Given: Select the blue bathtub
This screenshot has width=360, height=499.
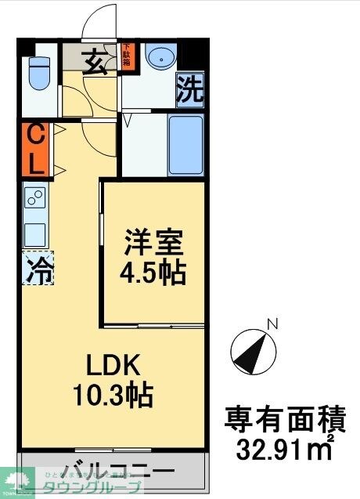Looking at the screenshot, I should [185, 144].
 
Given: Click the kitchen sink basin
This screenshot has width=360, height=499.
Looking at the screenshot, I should [35, 233].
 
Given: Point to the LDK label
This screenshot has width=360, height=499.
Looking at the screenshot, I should [113, 365].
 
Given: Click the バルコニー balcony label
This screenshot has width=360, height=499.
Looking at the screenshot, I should [117, 472].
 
